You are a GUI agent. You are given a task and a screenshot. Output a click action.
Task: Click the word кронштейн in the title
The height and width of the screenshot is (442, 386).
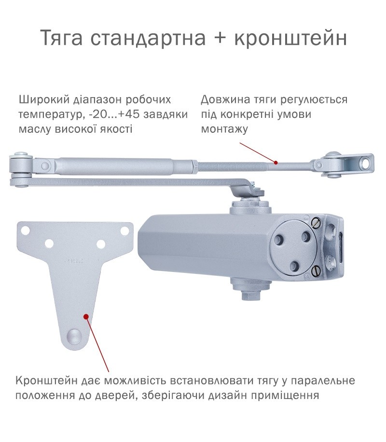[x=290, y=38]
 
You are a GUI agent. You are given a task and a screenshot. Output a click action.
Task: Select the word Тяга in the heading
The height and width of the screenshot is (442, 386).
[x=62, y=38]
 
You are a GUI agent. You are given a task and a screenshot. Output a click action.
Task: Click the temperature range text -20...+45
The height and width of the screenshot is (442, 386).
[x=113, y=115]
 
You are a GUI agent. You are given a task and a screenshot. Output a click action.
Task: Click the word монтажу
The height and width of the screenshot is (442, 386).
[x=224, y=129]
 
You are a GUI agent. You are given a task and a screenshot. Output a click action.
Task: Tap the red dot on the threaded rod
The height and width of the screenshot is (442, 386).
[x=276, y=162]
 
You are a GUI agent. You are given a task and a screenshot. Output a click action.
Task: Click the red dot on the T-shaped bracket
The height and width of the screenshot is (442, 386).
[x=86, y=316]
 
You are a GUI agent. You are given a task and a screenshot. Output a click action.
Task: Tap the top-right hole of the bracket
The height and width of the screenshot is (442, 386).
[x=124, y=230]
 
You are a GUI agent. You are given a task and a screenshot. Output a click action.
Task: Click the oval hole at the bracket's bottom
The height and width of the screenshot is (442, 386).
[x=74, y=335]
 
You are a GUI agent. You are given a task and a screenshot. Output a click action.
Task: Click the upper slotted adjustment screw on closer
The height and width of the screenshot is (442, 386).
[x=316, y=223]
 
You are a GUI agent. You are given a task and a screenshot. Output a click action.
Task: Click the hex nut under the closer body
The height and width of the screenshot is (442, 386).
[x=250, y=295]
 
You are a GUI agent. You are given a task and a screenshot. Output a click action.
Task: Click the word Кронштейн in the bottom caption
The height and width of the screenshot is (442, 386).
[x=46, y=381]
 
